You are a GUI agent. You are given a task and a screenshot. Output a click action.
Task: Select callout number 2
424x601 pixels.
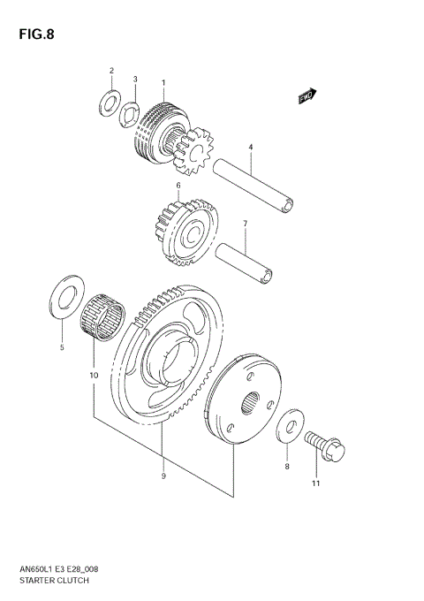[111, 70]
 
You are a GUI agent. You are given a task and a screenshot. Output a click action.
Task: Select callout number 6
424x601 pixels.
[178, 186]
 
